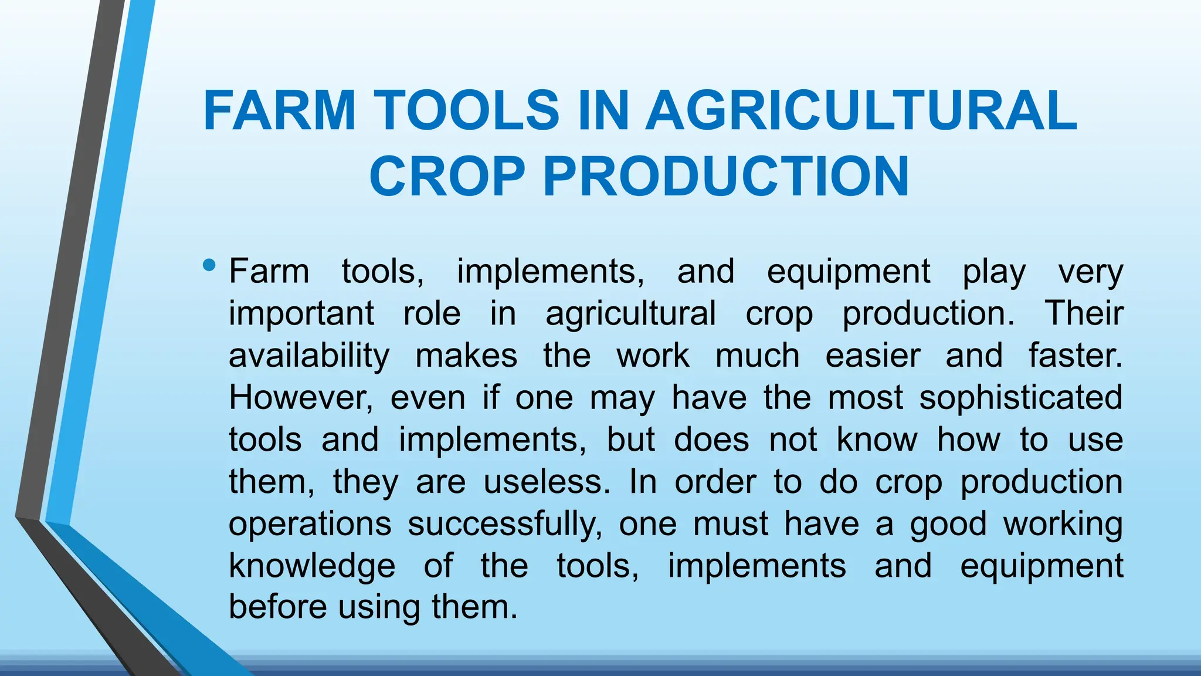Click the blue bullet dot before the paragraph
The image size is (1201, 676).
pyautogui.click(x=208, y=266)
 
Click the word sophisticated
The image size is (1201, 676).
pyautogui.click(x=1020, y=397)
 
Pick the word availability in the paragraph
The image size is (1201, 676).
pyautogui.click(x=309, y=356)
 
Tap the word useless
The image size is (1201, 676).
pyautogui.click(x=547, y=482)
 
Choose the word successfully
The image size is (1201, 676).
pyautogui.click(x=505, y=523)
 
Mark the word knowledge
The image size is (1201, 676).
pyautogui.click(x=312, y=566)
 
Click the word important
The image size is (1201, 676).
pyautogui.click(x=301, y=314)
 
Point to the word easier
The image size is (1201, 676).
pyautogui.click(x=873, y=356)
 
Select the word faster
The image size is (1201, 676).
pyautogui.click(x=1075, y=356)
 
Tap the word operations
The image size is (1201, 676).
pyautogui.click(x=310, y=525)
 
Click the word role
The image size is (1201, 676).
pyautogui.click(x=432, y=313)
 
